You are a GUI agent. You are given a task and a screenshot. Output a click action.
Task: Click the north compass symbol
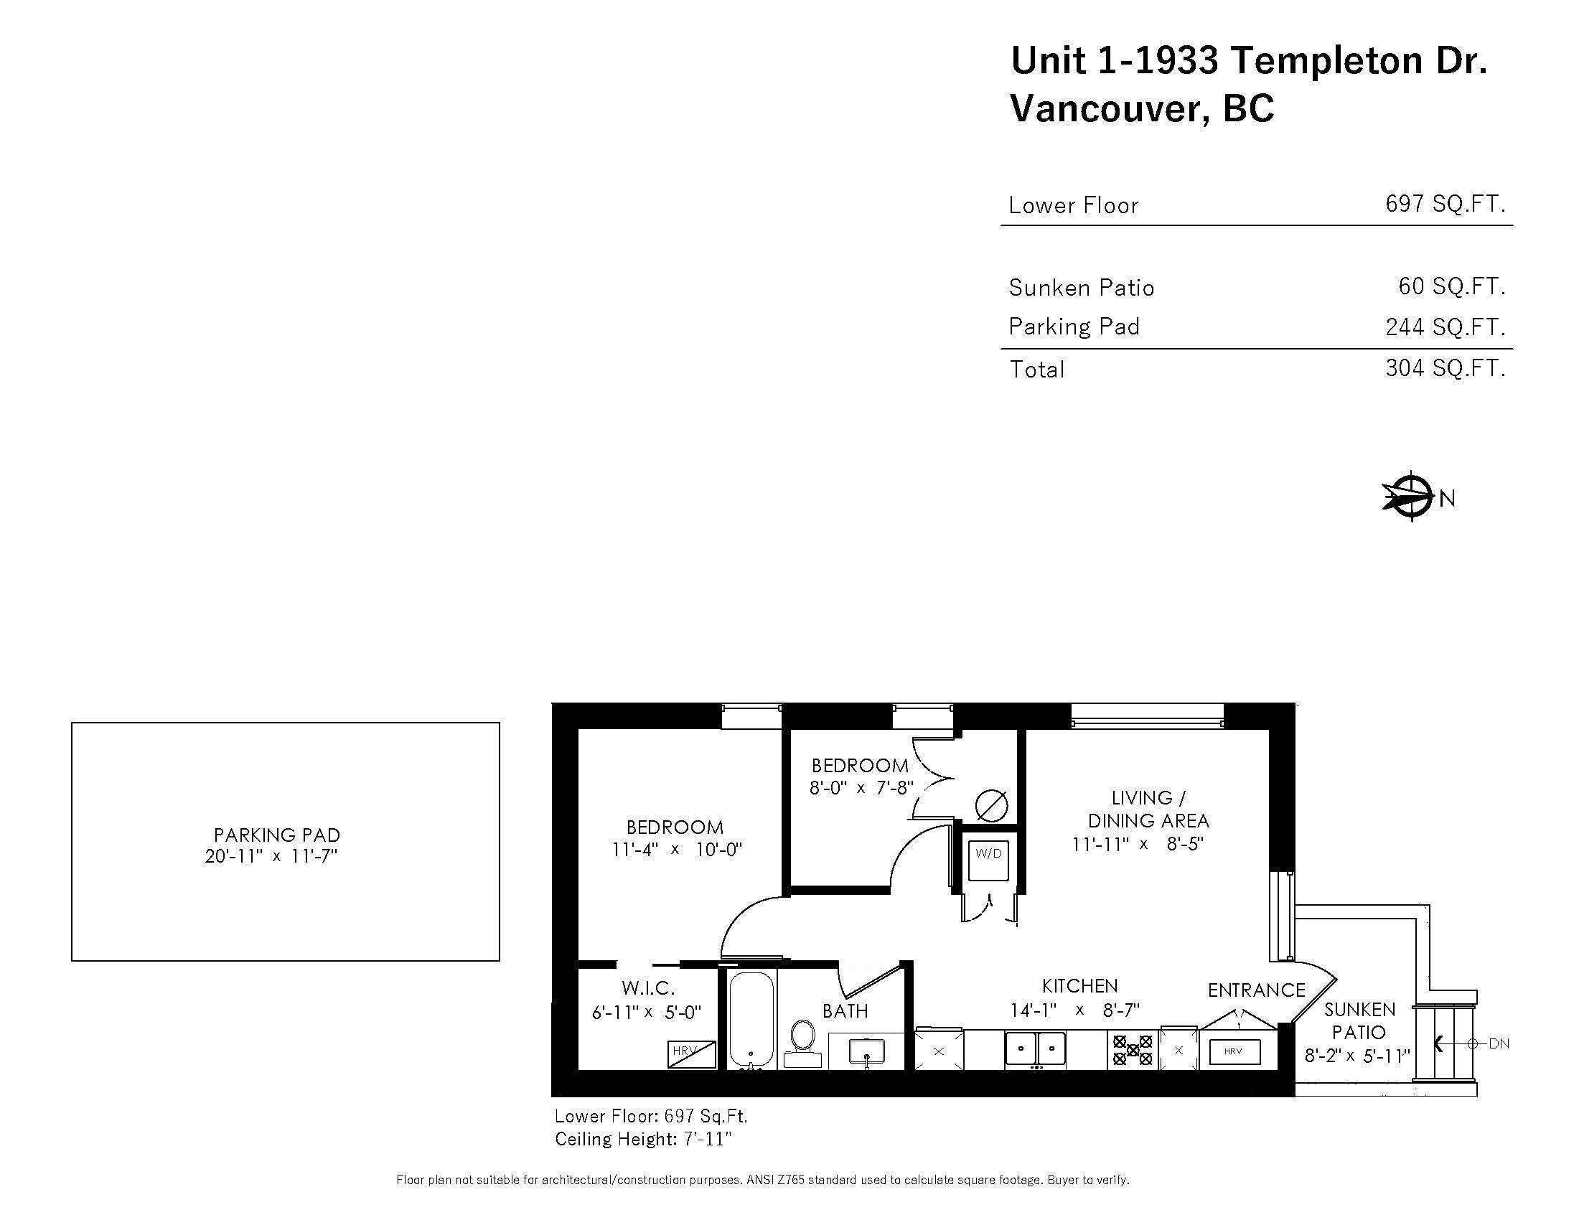pyautogui.click(x=1410, y=497)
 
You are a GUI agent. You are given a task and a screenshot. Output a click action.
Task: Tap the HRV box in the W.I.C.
pyautogui.click(x=691, y=1054)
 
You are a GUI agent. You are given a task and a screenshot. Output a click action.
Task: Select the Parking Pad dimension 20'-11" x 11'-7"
pyautogui.click(x=272, y=856)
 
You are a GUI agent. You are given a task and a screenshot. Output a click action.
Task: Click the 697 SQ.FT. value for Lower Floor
pyautogui.click(x=1445, y=204)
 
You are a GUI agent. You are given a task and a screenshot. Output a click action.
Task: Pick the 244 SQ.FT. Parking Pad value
pyautogui.click(x=1445, y=327)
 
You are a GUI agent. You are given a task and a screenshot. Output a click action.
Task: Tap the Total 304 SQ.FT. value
pyautogui.click(x=1445, y=369)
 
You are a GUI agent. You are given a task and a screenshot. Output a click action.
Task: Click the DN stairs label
pyautogui.click(x=1499, y=1043)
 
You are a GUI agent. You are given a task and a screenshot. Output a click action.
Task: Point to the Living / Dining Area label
pyautogui.click(x=1148, y=809)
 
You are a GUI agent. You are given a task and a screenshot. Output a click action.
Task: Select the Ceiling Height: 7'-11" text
pyautogui.click(x=643, y=1139)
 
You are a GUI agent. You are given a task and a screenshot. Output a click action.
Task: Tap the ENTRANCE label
pyautogui.click(x=1257, y=990)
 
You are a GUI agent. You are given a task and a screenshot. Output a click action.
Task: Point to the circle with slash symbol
pyautogui.click(x=991, y=805)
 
